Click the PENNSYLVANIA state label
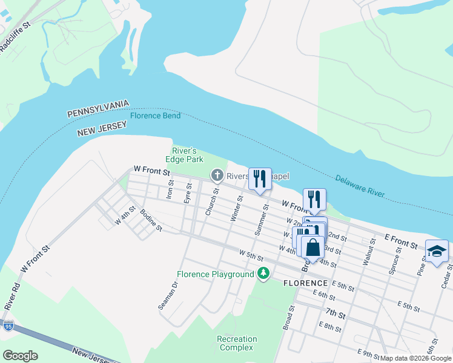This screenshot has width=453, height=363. point(98,109)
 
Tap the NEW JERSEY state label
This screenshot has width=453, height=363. point(102,129)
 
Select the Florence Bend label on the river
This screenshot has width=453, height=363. point(155,116)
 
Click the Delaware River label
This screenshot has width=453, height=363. point(360,186)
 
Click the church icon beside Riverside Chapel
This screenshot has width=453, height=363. point(217,175)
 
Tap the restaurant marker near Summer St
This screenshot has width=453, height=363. point(260,179)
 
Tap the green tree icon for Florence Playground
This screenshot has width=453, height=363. point(263,274)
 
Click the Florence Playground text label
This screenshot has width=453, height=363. point(215,275)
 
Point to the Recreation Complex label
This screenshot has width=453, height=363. point(237,343)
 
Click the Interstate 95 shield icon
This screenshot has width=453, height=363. point(8,326)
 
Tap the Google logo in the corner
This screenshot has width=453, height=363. point(20,355)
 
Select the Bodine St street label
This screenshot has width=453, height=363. point(151,220)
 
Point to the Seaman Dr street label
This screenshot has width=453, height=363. point(169,296)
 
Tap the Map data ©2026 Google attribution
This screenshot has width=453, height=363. point(415,358)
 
